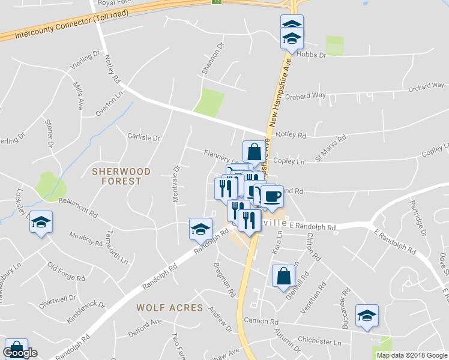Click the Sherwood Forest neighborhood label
click(x=116, y=176)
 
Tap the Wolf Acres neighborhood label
click(x=170, y=307)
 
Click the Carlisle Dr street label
click(x=144, y=137)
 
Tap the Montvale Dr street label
click(x=177, y=184)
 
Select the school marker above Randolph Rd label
click(x=200, y=228)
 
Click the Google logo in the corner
click(x=20, y=353)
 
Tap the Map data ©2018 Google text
click(x=412, y=355)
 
